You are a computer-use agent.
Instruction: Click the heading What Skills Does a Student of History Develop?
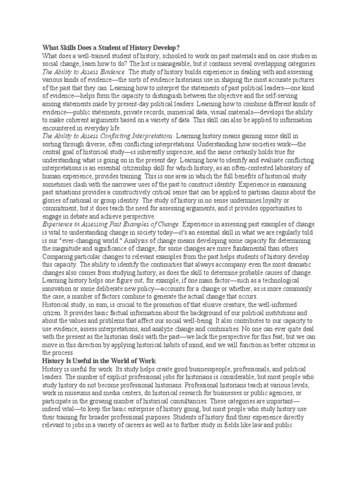tap(111, 48)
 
